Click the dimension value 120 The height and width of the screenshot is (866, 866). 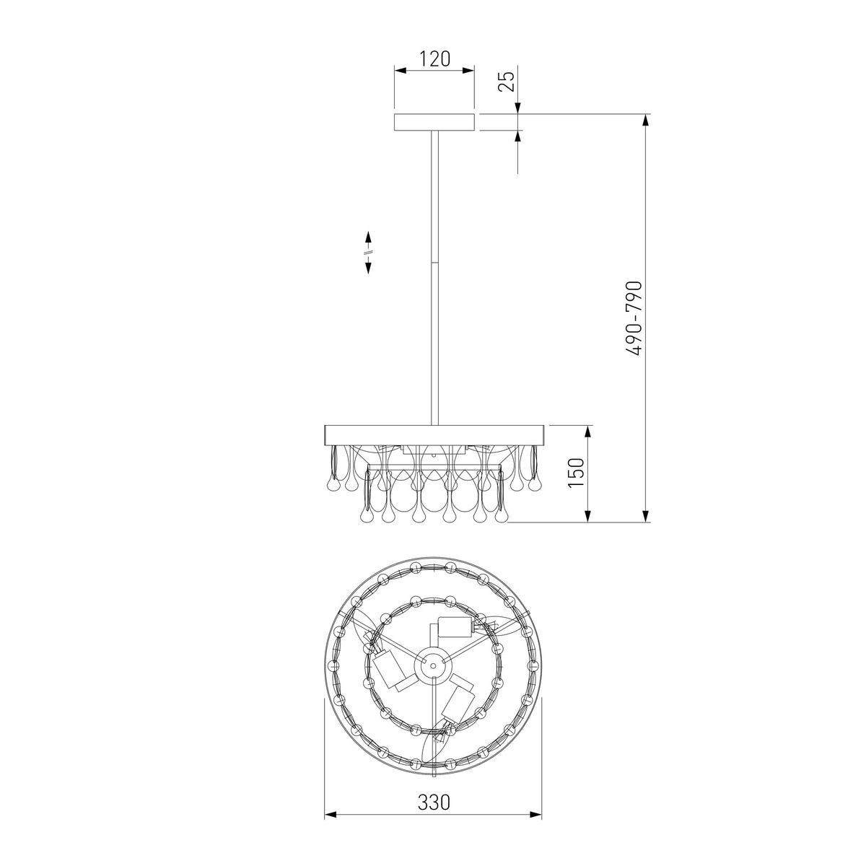(x=434, y=59)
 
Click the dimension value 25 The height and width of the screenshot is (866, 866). (x=507, y=82)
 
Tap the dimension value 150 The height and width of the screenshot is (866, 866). (x=576, y=472)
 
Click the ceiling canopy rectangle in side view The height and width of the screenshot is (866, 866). (x=434, y=122)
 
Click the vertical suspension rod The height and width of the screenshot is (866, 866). (x=434, y=278)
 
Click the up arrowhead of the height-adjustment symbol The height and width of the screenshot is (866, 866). (x=369, y=237)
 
